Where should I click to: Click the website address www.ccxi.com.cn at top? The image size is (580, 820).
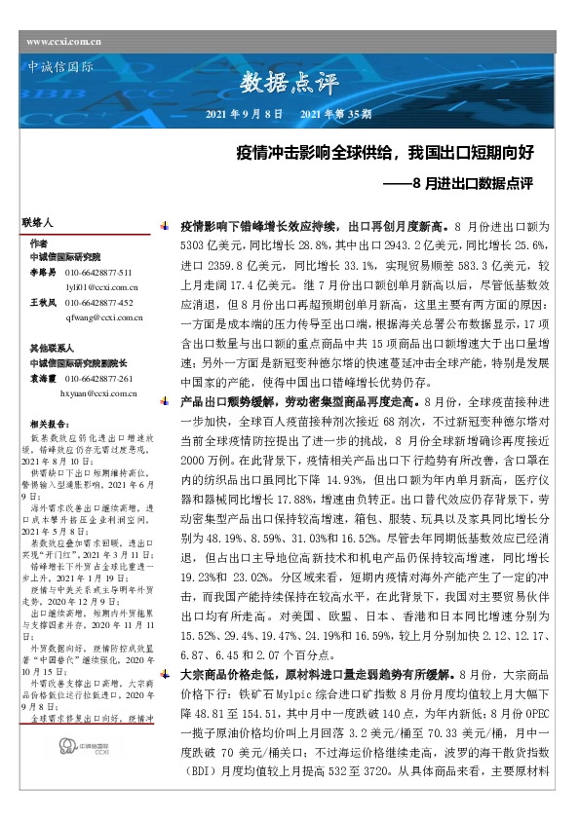[x=64, y=41]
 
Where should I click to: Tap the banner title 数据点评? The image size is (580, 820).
[x=289, y=83]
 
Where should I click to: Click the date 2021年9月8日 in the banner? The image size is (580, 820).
[x=245, y=115]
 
